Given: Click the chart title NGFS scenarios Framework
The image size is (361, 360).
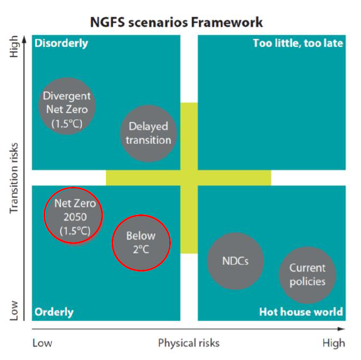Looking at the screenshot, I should pos(177,23).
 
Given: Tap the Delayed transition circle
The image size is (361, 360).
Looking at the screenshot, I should pos(148,133).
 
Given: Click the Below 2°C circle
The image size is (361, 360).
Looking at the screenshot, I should pos(140,243).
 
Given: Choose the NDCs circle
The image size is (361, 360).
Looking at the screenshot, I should pos(235,261).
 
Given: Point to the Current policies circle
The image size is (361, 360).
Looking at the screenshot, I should pos(307,275).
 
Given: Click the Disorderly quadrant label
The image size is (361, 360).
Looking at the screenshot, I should pos(61,43).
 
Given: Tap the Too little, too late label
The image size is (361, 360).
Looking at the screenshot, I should pos(297,43).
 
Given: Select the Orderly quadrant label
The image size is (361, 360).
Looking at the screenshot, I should pos(54,312).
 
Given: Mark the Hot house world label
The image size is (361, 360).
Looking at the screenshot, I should pos(301,312).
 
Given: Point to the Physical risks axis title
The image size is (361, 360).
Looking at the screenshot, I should pos(188,343).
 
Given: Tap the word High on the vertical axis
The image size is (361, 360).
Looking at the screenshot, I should pos(15,47).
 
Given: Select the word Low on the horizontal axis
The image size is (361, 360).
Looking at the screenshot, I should pos(42,343).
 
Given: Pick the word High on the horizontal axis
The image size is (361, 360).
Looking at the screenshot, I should pos(333,343).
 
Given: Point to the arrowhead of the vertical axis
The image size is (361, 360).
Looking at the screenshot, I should pos(24,36).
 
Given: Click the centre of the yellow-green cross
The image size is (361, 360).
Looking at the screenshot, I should pos(189,177).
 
